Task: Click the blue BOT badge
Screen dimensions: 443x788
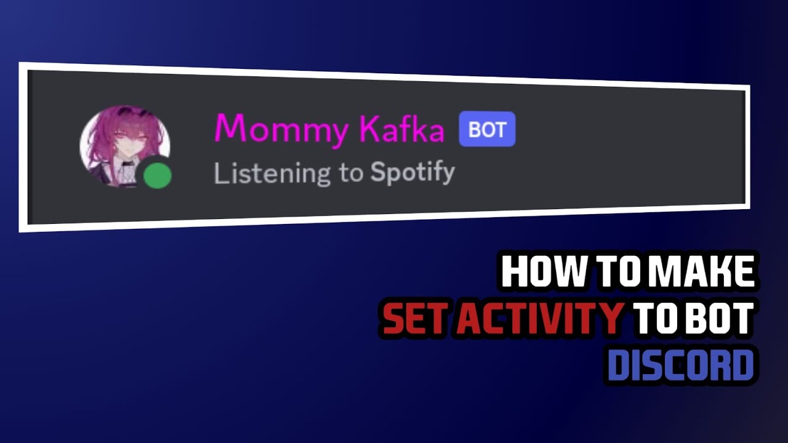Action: (487, 130)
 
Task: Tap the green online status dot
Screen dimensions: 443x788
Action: (158, 175)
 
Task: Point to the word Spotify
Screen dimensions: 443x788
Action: (412, 173)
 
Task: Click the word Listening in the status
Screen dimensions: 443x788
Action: (271, 174)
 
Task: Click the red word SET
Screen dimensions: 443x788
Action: (416, 319)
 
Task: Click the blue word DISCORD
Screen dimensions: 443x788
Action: (681, 365)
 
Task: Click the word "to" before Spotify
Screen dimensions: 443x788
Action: (350, 174)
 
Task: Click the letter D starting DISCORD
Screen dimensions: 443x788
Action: (619, 365)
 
